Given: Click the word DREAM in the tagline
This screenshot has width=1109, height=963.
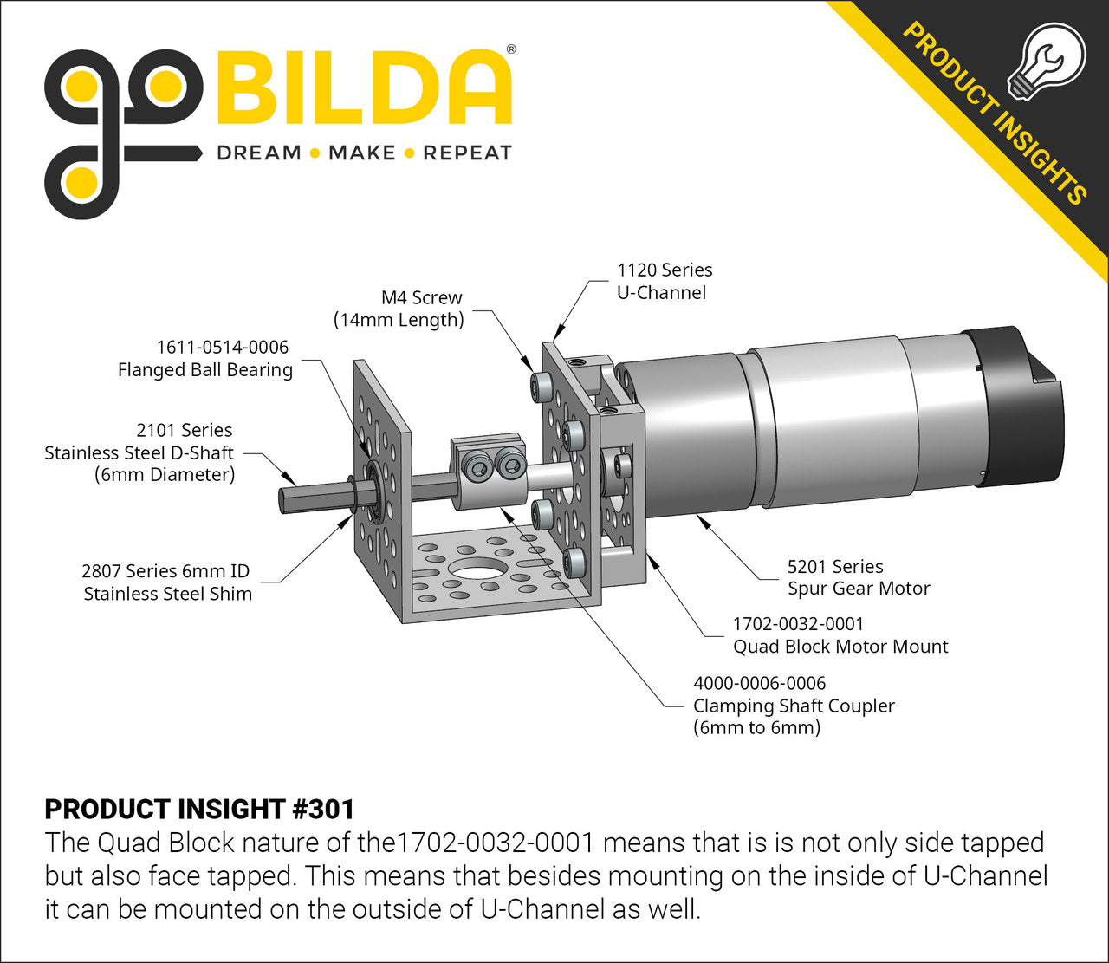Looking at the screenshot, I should [x=258, y=153].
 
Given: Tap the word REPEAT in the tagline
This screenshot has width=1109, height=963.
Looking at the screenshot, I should [x=467, y=153].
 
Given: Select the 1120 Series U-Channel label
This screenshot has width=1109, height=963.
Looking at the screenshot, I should [x=664, y=281].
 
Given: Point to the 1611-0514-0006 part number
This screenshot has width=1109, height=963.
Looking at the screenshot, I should [x=222, y=347].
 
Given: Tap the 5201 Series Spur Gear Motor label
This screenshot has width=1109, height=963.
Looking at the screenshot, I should [x=858, y=577].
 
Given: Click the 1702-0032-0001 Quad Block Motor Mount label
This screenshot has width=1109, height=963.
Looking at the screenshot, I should [x=840, y=634].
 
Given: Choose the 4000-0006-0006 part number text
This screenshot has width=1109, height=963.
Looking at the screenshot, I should [x=759, y=683].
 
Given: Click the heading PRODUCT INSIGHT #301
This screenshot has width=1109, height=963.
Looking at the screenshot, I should [x=199, y=809].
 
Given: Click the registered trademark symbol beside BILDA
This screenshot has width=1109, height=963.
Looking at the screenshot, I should [x=510, y=49].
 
